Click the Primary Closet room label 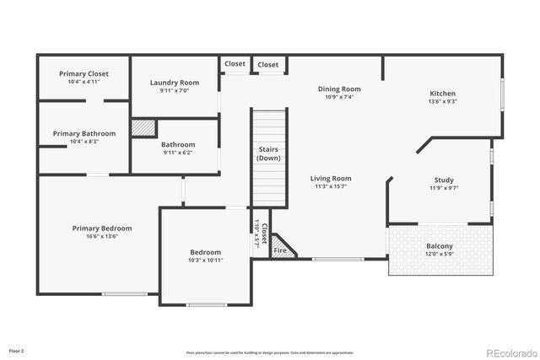pos(84,73)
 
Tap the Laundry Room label pos(175,82)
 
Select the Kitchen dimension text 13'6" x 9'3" pos(442,102)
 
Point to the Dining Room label pos(339,89)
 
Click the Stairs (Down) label pos(269,153)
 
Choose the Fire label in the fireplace pos(280,250)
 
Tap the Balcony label pos(440,246)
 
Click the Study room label pos(444,180)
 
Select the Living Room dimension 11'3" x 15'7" pos(331,187)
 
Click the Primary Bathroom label pos(83,133)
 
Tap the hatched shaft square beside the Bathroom pos(143,128)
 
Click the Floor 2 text pos(17,350)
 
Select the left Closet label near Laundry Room pos(235,64)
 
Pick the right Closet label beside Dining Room pos(268,65)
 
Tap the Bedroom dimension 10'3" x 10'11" pos(205,261)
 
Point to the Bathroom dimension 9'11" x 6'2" pos(178,153)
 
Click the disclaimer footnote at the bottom pos(270,352)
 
